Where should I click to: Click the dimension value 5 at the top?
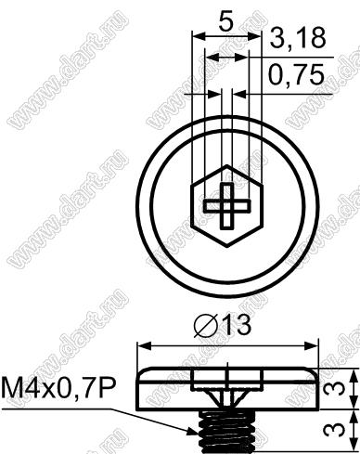(x=225, y=20)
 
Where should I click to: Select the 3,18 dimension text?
(x=298, y=37)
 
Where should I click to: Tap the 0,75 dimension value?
(x=296, y=74)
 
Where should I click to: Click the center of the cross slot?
(x=227, y=206)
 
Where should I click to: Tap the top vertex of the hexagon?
(x=227, y=165)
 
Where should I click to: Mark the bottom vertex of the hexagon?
(x=227, y=247)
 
